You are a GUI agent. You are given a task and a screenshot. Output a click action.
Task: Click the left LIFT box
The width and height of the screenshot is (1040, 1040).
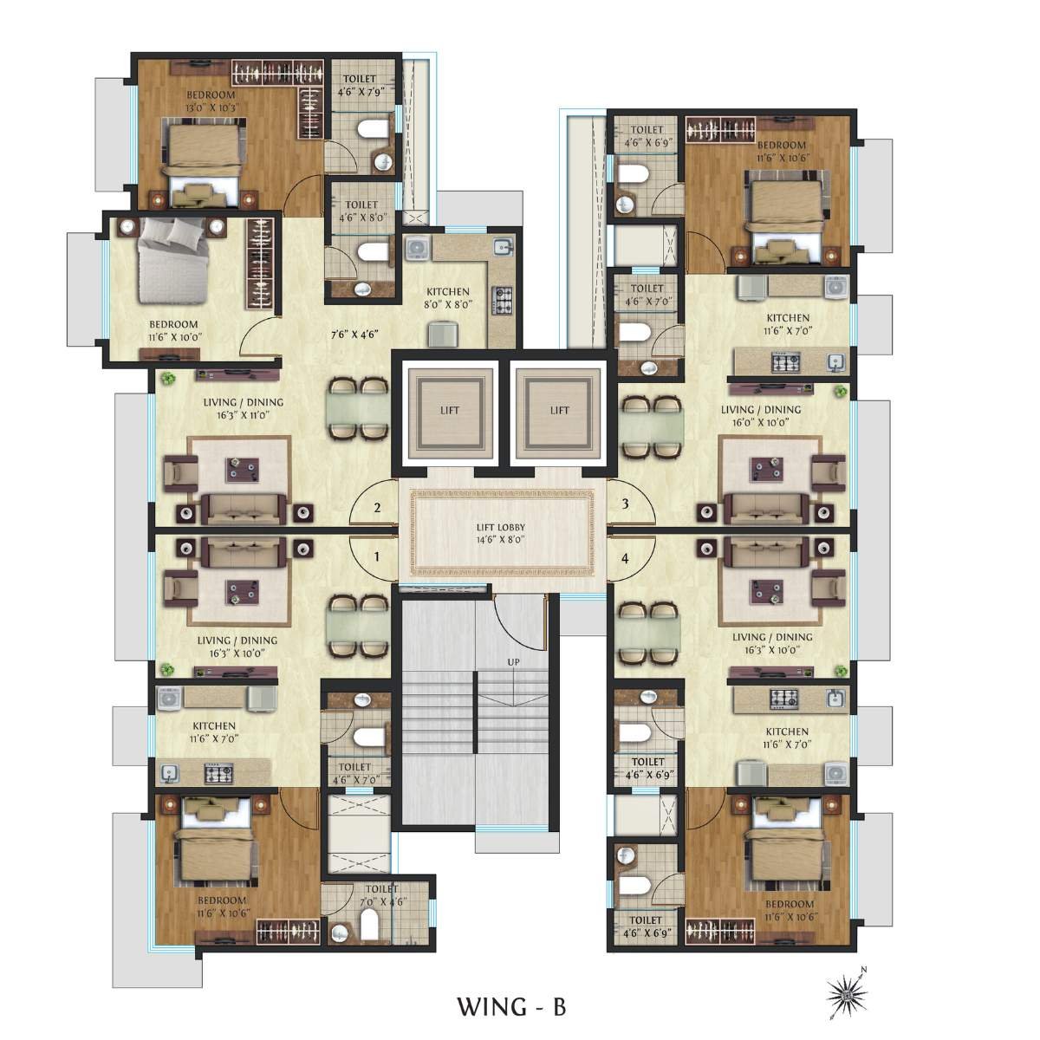pos(449,411)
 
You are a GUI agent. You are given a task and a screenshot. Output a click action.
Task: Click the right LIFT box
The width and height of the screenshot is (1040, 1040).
pos(559,411)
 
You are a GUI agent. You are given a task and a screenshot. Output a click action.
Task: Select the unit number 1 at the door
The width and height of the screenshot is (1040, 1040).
pos(376,557)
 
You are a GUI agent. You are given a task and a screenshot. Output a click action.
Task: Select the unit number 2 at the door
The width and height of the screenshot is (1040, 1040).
pos(376,508)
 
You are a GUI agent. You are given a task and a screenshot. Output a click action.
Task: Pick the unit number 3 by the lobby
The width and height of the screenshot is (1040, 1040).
pos(624,504)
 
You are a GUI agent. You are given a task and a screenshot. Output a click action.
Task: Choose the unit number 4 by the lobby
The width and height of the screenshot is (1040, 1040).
pos(625,558)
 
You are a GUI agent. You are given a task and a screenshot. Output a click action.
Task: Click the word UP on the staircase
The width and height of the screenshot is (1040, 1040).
pos(514,662)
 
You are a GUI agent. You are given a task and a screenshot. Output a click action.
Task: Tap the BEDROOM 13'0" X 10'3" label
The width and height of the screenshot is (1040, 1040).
pos(211,101)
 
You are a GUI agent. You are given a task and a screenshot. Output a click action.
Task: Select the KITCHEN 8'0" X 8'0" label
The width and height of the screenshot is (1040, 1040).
pos(447,298)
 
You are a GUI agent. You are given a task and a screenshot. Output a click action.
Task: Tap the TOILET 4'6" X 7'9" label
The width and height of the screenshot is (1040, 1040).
pos(361,85)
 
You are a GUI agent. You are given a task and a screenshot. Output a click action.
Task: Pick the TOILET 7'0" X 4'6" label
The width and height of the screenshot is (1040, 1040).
pos(381,895)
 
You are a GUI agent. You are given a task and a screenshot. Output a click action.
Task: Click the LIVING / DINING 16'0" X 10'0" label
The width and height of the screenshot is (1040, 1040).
pos(761,416)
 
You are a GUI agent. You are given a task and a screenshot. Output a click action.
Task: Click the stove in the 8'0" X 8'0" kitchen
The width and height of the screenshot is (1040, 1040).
pos(503,299)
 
